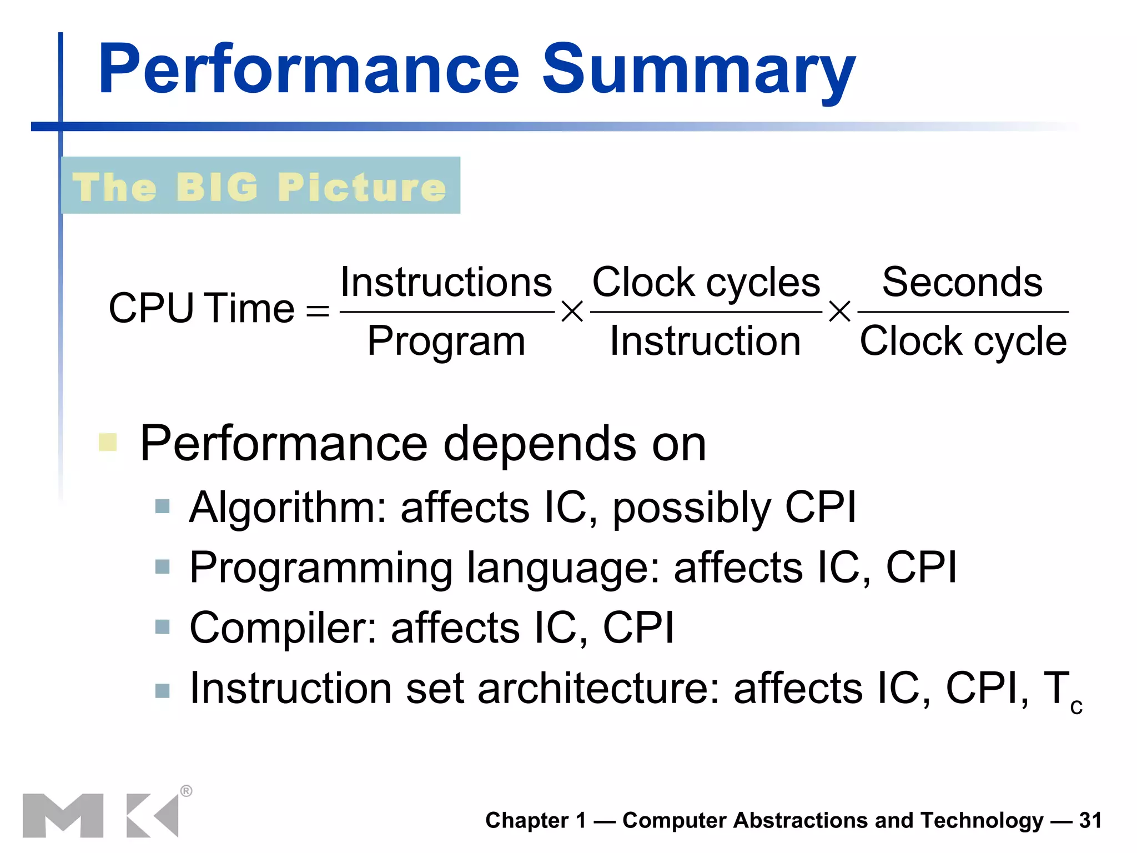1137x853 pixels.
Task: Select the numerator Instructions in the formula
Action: [446, 282]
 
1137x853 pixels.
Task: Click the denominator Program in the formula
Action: [446, 340]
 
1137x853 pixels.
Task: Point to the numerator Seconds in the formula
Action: [962, 282]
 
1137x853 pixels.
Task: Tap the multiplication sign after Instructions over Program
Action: [572, 312]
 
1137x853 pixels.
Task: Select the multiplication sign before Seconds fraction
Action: [839, 312]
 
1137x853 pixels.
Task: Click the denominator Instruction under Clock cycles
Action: [705, 340]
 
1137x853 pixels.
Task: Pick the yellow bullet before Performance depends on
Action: [108, 443]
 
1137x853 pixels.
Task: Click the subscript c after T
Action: [1076, 706]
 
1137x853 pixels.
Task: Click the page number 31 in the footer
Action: [1090, 820]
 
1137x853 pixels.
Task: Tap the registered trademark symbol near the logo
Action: [187, 791]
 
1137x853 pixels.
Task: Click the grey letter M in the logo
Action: [63, 815]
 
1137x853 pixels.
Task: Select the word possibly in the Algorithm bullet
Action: [692, 508]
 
